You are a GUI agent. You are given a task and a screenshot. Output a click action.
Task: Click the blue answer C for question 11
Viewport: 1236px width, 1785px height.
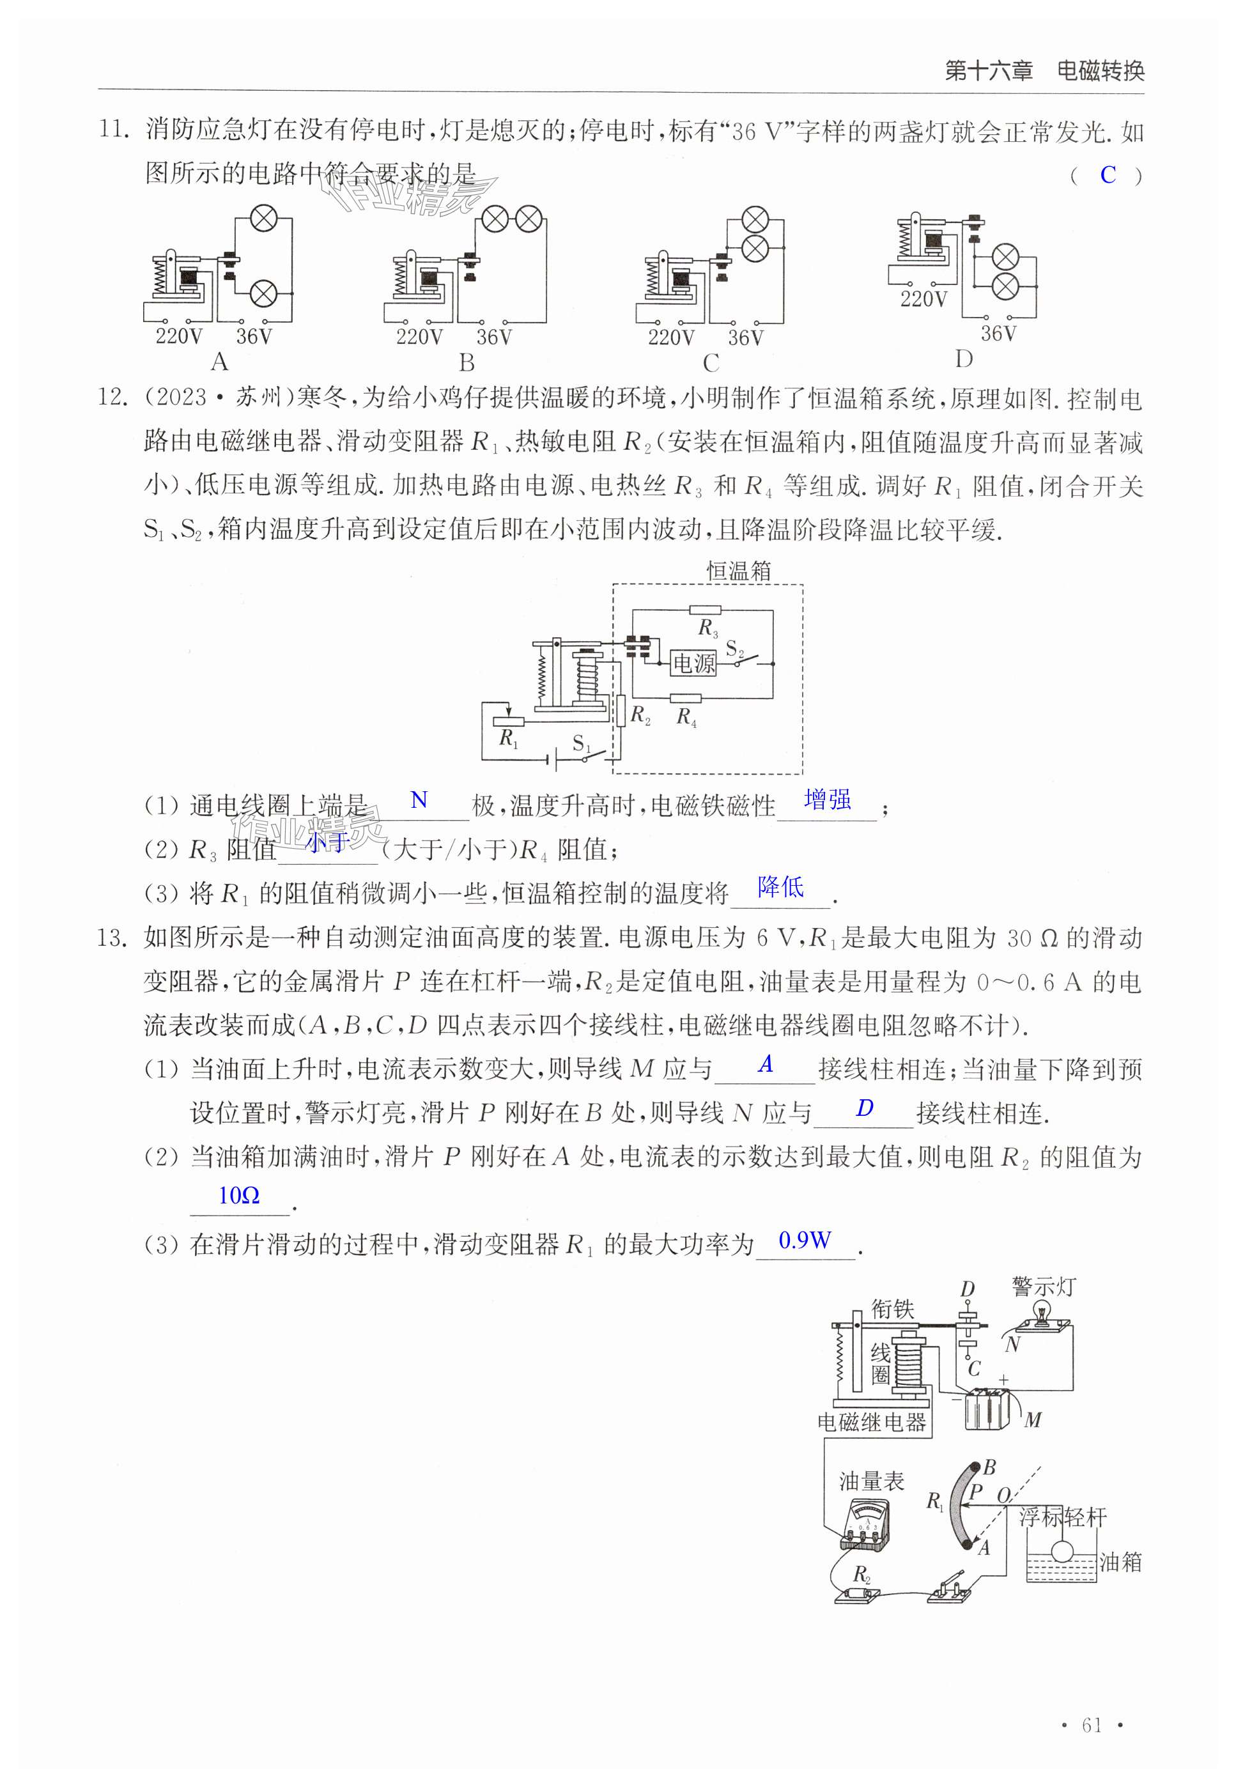click(x=1108, y=175)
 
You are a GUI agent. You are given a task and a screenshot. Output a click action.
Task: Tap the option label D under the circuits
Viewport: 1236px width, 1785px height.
click(x=963, y=359)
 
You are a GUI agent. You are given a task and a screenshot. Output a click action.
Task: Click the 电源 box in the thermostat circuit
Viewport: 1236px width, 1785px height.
click(x=693, y=663)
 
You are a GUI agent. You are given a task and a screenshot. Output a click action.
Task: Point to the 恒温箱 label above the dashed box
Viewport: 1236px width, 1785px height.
click(x=739, y=571)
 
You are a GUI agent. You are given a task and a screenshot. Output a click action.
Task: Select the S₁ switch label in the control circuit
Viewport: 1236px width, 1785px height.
click(x=581, y=744)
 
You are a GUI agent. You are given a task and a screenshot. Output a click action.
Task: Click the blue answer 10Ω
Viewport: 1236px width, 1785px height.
click(x=238, y=1196)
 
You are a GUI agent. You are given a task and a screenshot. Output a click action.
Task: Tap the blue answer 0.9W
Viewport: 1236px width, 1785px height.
click(x=805, y=1240)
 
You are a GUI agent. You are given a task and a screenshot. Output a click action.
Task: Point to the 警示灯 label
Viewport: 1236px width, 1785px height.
click(x=1043, y=1287)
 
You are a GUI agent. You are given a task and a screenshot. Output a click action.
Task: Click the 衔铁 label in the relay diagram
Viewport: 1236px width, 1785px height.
click(x=892, y=1309)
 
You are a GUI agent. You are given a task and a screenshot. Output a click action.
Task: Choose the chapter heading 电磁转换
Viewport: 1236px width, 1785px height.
click(x=1101, y=71)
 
